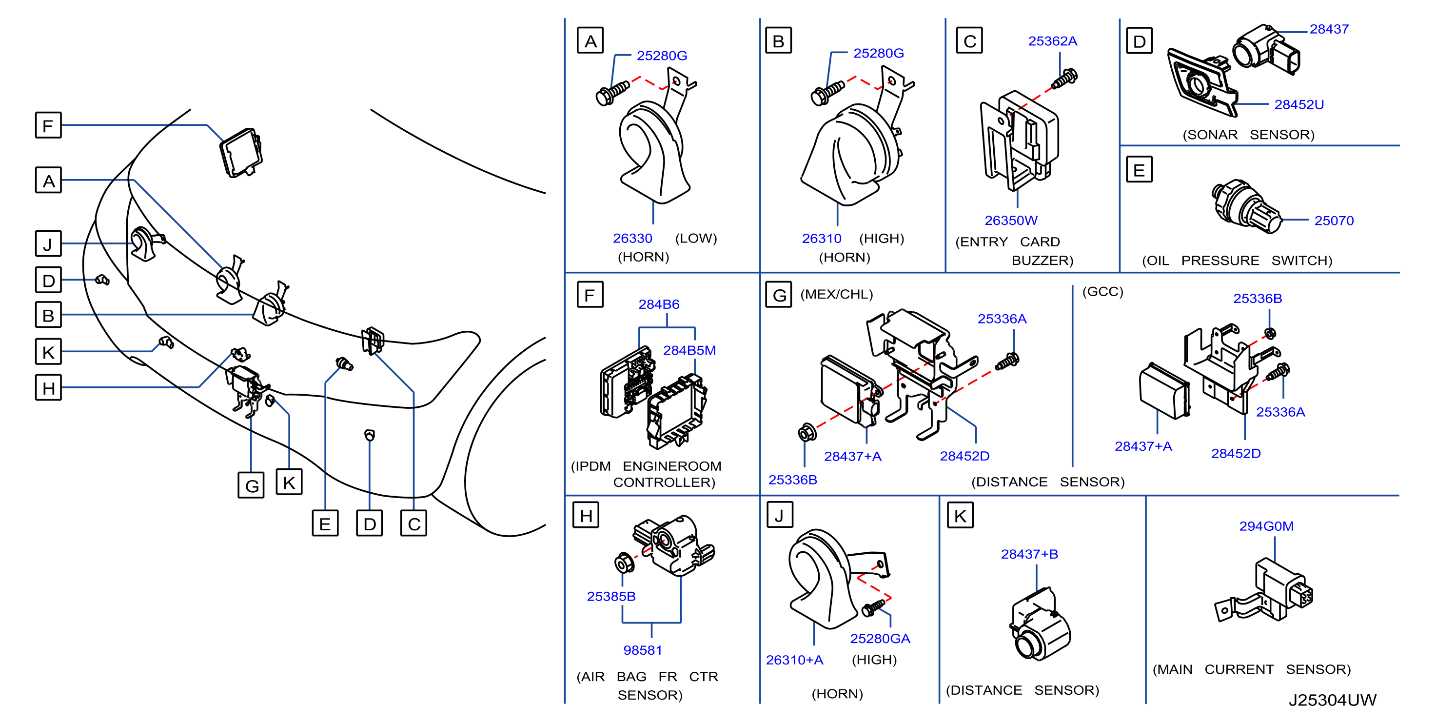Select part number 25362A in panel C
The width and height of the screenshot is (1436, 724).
click(1052, 41)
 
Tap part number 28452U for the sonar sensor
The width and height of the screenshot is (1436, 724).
click(1298, 104)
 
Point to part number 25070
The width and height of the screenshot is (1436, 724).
click(1334, 221)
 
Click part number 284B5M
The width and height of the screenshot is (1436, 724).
click(689, 350)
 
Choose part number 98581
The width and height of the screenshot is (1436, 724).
click(642, 650)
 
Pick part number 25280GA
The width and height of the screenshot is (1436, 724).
click(880, 638)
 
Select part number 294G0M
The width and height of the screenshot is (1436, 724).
click(1266, 526)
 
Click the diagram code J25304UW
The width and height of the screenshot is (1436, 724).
click(1332, 700)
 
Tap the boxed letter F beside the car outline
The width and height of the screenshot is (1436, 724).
click(48, 125)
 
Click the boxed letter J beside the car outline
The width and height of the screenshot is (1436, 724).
click(48, 244)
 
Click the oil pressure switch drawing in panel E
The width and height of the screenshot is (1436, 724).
click(1246, 206)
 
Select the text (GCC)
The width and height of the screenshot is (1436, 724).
click(1102, 292)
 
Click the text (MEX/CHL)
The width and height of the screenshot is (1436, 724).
click(836, 294)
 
